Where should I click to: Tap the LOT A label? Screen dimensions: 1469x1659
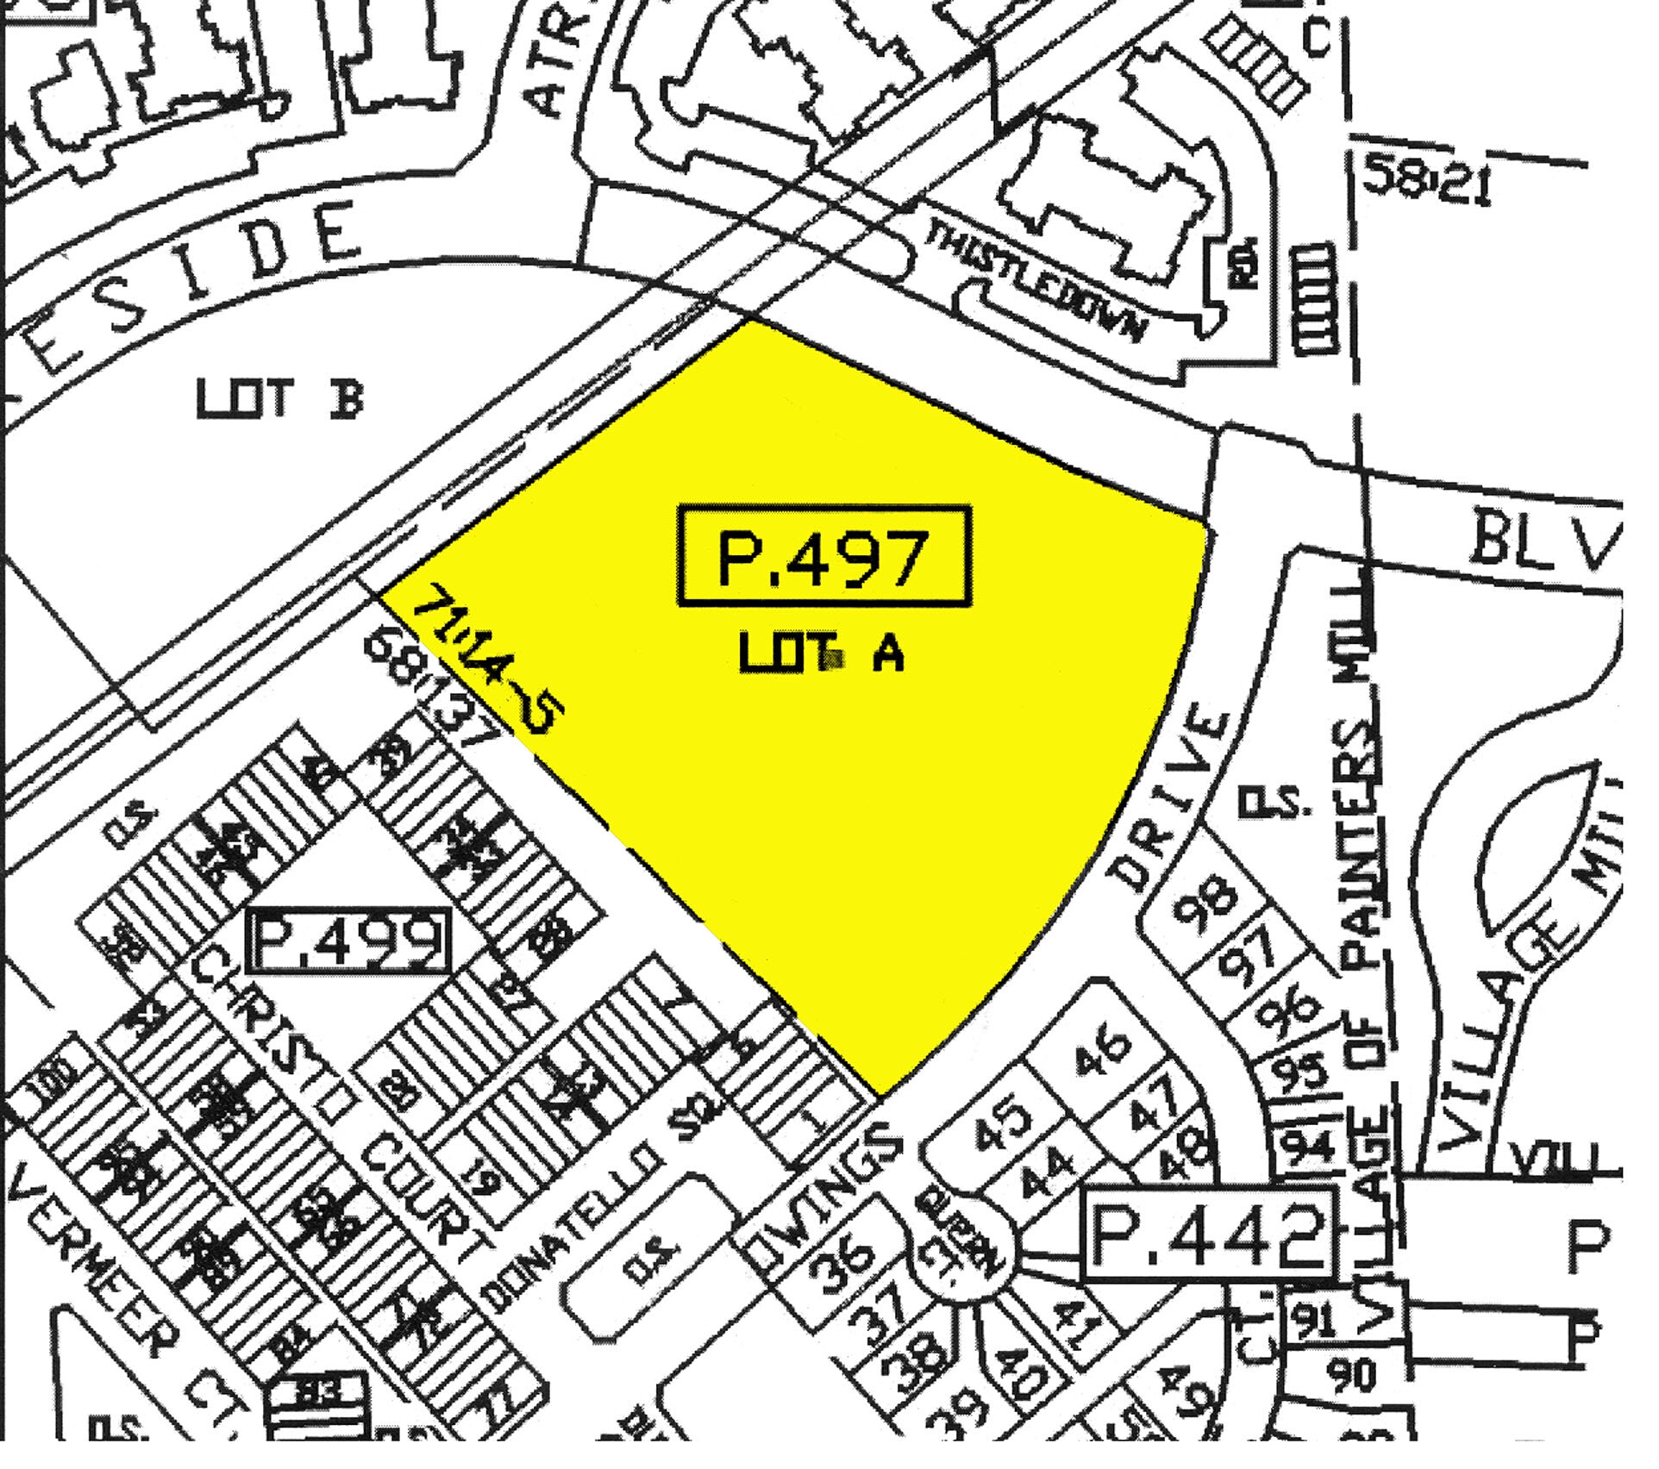(x=822, y=653)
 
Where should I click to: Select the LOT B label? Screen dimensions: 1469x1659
(x=280, y=399)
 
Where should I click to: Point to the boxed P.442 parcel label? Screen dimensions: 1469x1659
(x=1208, y=1231)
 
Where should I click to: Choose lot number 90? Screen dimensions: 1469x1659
(x=1352, y=1374)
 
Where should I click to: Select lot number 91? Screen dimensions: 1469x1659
(x=1315, y=1319)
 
